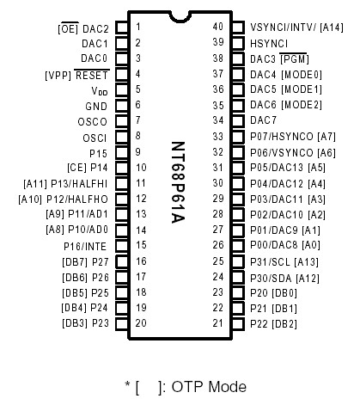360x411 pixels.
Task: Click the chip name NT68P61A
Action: (179, 183)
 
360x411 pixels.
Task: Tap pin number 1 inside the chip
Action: (138, 28)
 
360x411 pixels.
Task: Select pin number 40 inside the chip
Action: (218, 28)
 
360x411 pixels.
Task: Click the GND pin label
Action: (97, 106)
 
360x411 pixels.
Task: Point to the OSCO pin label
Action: (93, 121)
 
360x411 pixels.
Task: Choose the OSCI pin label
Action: (95, 137)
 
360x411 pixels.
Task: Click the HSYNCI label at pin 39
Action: (269, 42)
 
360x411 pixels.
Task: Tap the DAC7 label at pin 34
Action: (263, 120)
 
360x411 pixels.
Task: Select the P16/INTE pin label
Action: (85, 246)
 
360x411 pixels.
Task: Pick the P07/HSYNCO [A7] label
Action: (291, 136)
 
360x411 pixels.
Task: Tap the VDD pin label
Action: (100, 90)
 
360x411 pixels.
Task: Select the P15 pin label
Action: (99, 152)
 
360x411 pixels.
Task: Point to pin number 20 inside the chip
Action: (140, 323)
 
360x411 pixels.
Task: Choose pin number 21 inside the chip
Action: (218, 323)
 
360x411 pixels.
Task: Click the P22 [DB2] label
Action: (272, 323)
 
